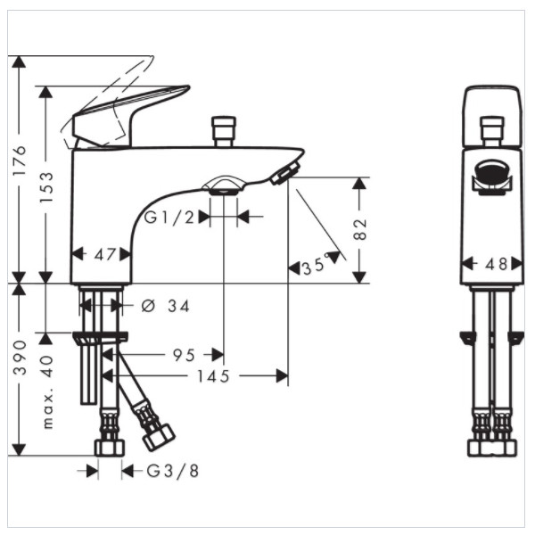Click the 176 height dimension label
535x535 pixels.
[19, 160]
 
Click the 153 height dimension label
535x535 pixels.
[46, 187]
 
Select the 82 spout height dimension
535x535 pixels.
[359, 229]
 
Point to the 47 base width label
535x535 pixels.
[104, 254]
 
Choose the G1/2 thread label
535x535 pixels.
[169, 217]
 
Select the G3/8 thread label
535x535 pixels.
[173, 471]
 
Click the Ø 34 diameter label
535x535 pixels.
[165, 306]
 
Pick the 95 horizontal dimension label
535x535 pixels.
[184, 355]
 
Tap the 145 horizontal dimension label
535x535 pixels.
[213, 376]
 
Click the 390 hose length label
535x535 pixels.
[20, 358]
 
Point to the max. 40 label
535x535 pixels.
[47, 391]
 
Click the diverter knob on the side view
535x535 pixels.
[224, 132]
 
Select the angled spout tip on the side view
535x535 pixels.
[285, 173]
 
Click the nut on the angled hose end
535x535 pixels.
[159, 438]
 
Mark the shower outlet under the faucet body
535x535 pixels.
[224, 186]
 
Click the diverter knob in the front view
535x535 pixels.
[492, 132]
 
